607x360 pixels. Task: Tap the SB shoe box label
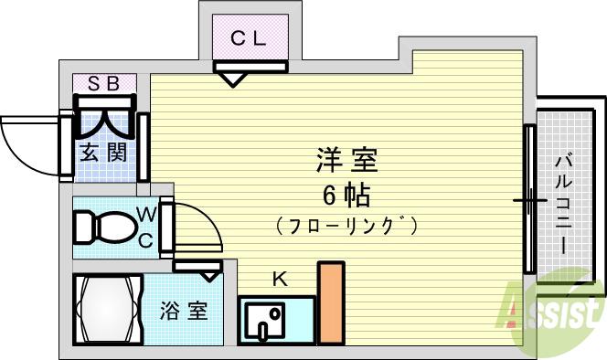[103, 83]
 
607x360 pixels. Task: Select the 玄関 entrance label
[101, 153]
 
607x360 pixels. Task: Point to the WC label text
[146, 228]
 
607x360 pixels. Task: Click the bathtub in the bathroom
[105, 309]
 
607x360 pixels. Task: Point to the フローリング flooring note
[346, 224]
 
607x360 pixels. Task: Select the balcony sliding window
[529, 198]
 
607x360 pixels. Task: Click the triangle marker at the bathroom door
[209, 273]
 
